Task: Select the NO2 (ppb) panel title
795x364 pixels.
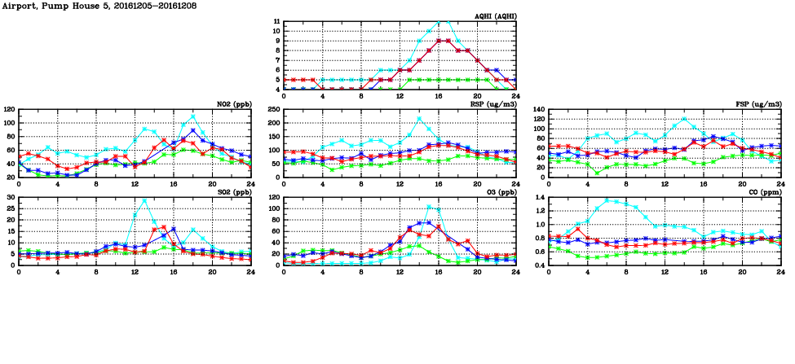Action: click(234, 104)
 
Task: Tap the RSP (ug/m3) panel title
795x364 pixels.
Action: click(494, 104)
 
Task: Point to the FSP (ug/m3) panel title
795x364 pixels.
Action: click(758, 104)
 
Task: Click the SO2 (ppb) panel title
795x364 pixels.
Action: click(234, 192)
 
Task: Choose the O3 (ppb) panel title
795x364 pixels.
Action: click(501, 192)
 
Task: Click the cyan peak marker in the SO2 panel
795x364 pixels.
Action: click(144, 200)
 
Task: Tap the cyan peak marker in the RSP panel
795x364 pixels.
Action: click(419, 118)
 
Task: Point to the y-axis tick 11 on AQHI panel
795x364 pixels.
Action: click(276, 22)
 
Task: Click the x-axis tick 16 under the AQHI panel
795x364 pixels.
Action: click(439, 96)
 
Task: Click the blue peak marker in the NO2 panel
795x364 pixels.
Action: click(192, 130)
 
